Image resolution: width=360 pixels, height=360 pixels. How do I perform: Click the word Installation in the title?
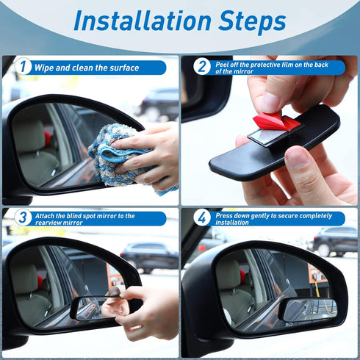pyautogui.click(x=140, y=21)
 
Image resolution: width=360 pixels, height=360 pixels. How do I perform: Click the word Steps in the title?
pyautogui.click(x=248, y=21)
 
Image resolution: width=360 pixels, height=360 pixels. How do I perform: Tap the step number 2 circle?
pyautogui.click(x=202, y=67)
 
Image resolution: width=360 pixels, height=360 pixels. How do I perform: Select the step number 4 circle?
pyautogui.click(x=202, y=218)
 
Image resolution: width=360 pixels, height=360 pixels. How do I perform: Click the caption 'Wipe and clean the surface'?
pyautogui.click(x=87, y=68)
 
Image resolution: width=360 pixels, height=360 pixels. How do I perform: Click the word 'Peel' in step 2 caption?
pyautogui.click(x=223, y=63)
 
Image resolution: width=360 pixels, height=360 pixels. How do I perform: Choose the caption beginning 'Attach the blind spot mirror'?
pyautogui.click(x=92, y=218)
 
